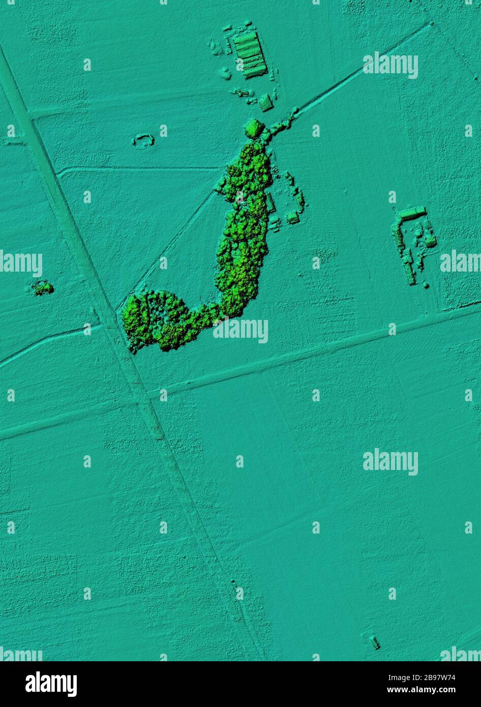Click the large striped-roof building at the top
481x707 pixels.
[250, 54]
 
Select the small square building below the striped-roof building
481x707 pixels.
[265, 103]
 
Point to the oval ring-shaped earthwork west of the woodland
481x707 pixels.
[143, 140]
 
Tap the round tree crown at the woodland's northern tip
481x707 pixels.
[254, 128]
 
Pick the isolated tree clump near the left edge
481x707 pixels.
[42, 288]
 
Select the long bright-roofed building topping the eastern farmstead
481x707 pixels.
[412, 213]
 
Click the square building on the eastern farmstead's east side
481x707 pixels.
[430, 241]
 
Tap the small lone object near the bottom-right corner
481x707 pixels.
[375, 642]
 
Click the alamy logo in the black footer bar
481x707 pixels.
[51, 684]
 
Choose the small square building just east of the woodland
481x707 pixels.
[293, 218]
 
